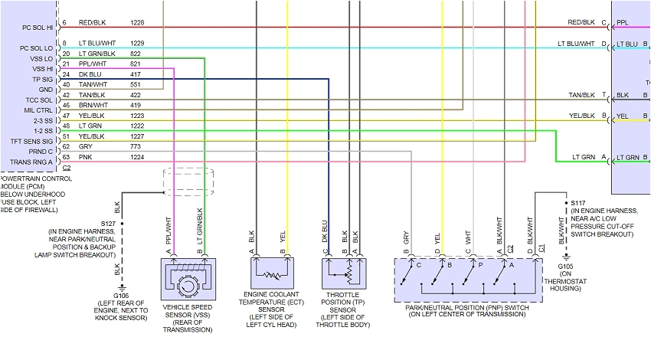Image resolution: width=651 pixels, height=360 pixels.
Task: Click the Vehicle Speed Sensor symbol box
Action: tap(188, 280)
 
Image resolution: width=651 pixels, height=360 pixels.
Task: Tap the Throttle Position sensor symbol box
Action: tap(342, 273)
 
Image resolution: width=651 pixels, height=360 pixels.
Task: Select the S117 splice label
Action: tap(579, 203)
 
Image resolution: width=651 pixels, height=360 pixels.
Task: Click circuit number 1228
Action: tap(138, 23)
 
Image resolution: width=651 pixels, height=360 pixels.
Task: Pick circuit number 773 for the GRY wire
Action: tap(135, 146)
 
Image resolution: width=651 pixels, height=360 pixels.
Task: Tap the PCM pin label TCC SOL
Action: tap(37, 100)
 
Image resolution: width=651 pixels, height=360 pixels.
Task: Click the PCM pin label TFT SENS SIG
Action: tap(31, 141)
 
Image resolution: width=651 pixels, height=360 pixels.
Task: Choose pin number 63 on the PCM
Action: tap(66, 156)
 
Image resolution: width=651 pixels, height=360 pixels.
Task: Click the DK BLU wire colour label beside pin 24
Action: tap(91, 74)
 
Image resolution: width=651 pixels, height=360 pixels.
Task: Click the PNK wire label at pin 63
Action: tap(85, 156)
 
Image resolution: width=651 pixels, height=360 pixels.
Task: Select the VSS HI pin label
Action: tap(41, 69)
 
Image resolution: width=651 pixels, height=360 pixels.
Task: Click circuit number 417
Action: tap(135, 74)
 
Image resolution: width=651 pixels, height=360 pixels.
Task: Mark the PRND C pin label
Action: tap(40, 151)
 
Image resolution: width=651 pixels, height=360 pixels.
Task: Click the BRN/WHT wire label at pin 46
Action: tap(93, 105)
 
